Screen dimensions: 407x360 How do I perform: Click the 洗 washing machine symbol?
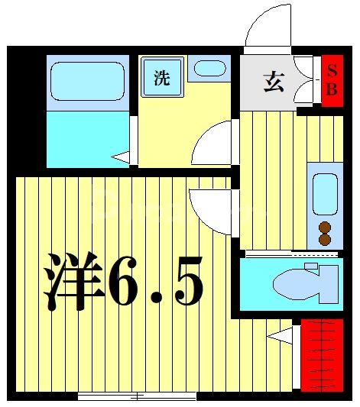161,79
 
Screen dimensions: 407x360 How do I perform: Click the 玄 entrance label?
274,81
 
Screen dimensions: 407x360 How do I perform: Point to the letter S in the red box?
331,70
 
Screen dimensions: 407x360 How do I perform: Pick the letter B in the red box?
331,89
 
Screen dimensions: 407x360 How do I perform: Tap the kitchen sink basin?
325,194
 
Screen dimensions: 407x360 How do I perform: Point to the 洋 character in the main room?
74,279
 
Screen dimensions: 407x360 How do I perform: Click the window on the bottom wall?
138,396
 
